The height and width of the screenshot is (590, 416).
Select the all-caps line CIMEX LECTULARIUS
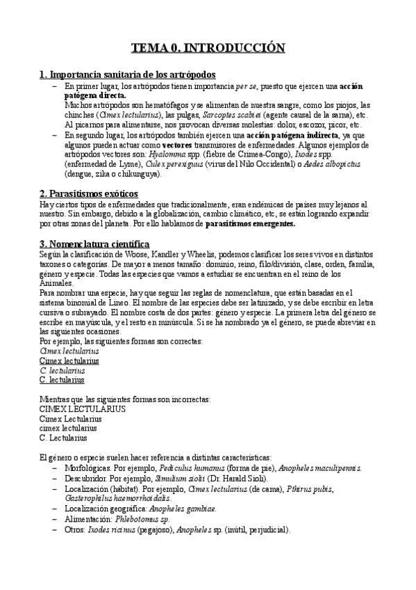pos(83,409)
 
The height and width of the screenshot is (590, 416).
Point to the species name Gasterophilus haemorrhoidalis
pos(112,498)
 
